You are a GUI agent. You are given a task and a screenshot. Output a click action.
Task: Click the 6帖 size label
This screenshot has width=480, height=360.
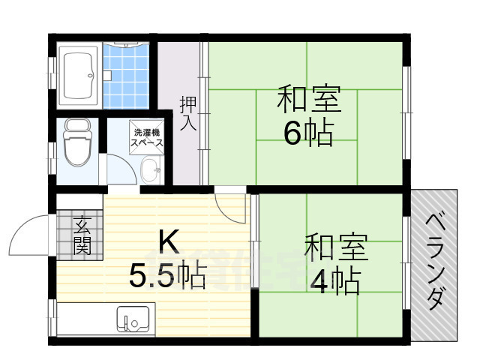(308, 133)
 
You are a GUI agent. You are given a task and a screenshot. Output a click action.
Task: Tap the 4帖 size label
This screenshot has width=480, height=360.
(335, 280)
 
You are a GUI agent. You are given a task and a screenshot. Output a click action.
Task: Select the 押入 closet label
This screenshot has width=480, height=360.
(187, 112)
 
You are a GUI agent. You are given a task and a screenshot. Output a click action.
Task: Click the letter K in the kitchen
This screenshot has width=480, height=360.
(166, 241)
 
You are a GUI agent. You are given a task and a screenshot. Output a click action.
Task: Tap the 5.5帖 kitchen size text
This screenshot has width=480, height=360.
(166, 277)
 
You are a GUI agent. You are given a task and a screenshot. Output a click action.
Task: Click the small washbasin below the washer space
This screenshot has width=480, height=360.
(151, 169)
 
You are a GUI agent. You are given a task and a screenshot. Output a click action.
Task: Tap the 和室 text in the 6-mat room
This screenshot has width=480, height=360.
(309, 97)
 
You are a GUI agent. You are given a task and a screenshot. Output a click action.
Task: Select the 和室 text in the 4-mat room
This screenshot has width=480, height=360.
(335, 247)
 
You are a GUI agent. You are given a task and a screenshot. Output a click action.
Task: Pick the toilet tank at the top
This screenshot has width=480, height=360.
(76, 125)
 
